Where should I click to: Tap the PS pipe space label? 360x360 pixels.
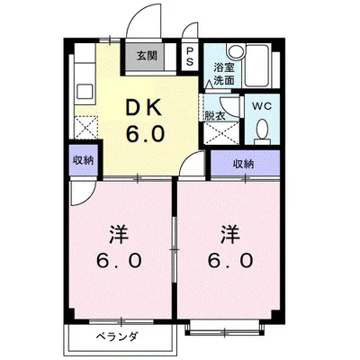(189, 57)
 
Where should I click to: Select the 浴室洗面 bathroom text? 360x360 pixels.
(224, 74)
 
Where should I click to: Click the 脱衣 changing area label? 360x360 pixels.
(214, 115)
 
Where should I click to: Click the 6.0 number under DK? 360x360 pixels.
(144, 136)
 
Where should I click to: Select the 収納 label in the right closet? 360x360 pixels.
(242, 164)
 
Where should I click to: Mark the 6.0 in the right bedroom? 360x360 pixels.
(227, 262)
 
